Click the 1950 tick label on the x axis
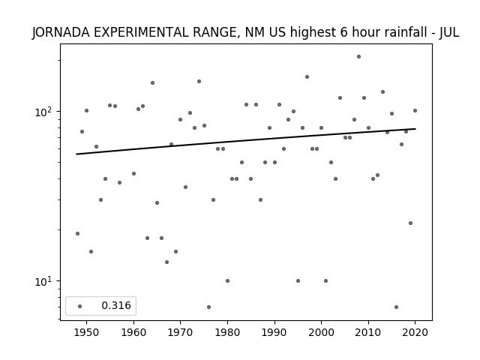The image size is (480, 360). (x=87, y=332)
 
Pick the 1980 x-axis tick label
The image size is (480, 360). (x=227, y=332)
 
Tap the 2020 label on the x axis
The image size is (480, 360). (x=415, y=332)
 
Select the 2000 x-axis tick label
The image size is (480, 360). (x=321, y=332)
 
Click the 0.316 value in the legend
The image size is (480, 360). (x=116, y=305)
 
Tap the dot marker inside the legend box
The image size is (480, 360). (x=80, y=306)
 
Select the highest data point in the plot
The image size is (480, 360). (x=358, y=57)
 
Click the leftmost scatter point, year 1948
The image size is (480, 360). (x=77, y=233)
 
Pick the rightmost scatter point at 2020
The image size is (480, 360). (x=415, y=110)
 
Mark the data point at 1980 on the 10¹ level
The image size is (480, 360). (x=227, y=280)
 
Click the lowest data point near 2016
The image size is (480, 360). (x=397, y=307)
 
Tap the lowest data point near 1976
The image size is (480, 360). (x=208, y=307)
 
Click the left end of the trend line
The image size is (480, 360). (x=76, y=154)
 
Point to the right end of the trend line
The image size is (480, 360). (x=415, y=129)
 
